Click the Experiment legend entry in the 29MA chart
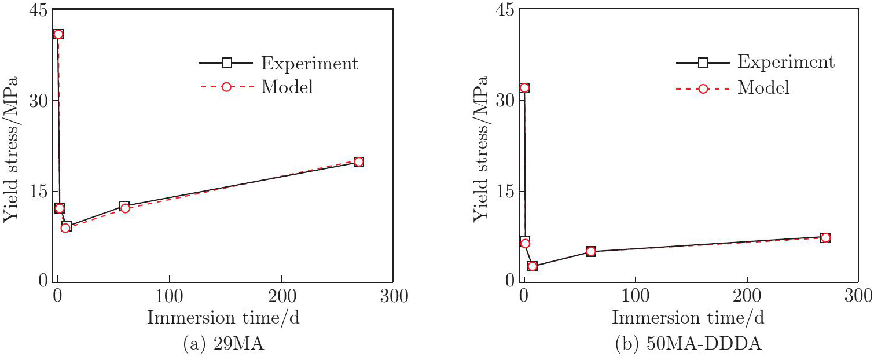(278, 63)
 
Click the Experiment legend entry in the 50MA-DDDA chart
(755, 63)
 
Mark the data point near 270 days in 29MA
(358, 161)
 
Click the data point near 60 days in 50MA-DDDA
(590, 251)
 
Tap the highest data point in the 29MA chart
(58, 34)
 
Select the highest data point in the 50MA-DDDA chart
(524, 88)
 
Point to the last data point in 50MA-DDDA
(825, 237)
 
